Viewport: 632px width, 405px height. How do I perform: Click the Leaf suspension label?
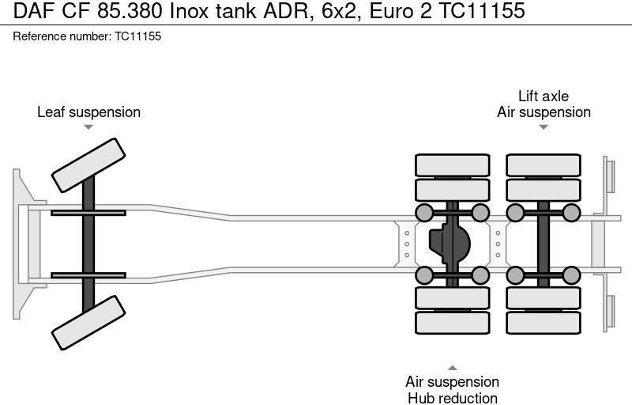coord(88,112)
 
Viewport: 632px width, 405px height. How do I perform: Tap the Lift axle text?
coord(544,97)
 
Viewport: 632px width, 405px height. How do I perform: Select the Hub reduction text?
coord(452,398)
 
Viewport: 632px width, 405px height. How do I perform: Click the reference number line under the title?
coord(88,37)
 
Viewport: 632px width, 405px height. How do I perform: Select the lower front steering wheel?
coord(88,322)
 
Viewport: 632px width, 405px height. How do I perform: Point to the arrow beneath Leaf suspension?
coord(88,127)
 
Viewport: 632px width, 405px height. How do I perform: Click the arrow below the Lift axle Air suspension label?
coord(544,127)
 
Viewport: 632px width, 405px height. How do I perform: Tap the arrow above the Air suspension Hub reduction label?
coord(452,367)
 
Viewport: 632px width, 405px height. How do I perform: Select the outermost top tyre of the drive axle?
coord(452,165)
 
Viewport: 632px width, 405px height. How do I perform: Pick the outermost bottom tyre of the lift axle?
coord(544,322)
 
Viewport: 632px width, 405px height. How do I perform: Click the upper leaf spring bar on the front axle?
coord(88,212)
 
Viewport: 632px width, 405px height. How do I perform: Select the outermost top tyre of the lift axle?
coord(544,165)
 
